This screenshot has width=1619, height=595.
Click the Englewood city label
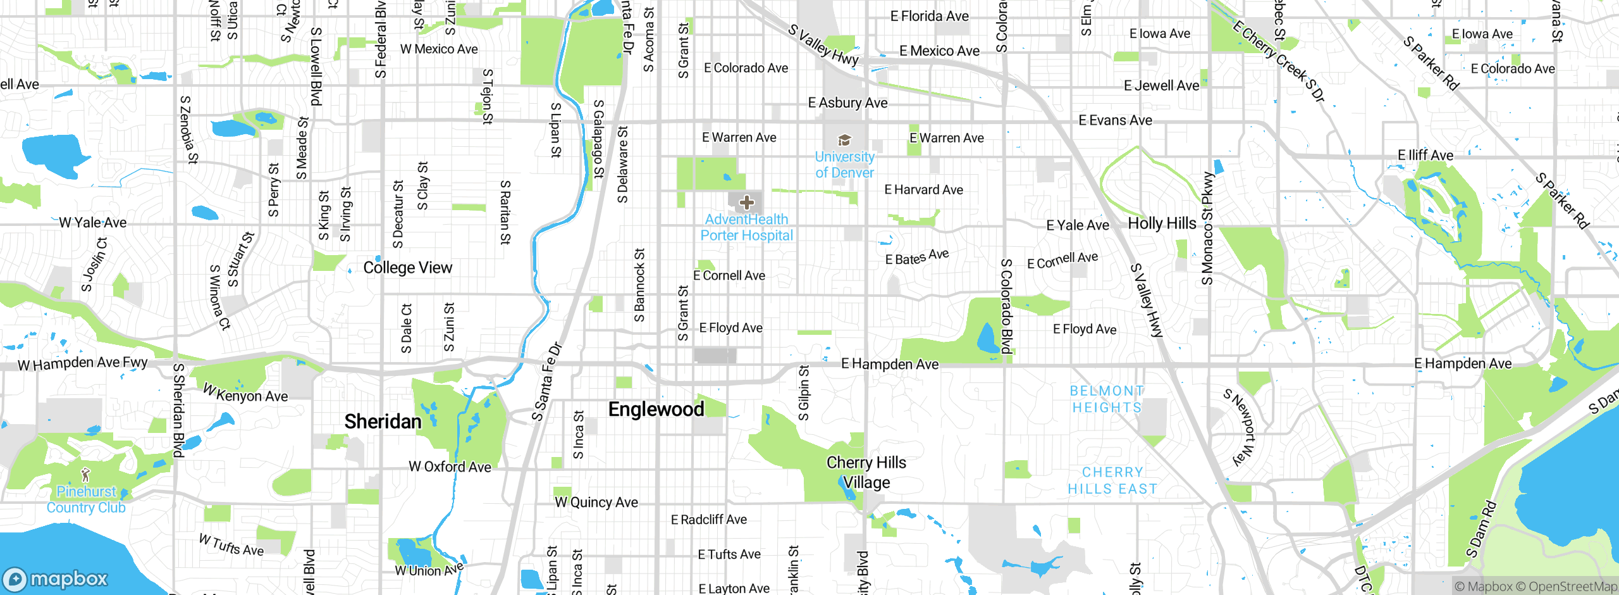click(x=656, y=410)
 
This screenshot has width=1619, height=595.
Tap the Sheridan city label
click(x=383, y=422)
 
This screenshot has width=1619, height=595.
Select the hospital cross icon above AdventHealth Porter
click(x=747, y=203)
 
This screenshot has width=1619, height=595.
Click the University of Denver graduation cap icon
click(x=844, y=140)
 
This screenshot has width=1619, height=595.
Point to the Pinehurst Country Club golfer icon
click(x=86, y=475)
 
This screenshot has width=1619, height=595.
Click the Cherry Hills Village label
click(x=866, y=472)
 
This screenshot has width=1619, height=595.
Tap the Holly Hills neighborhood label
click(x=1162, y=223)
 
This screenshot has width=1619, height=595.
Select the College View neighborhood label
click(x=407, y=268)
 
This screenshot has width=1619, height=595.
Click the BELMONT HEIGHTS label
click(x=1107, y=399)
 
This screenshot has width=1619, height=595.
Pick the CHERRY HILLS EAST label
click(x=1112, y=480)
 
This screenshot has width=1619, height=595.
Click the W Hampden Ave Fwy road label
click(x=82, y=364)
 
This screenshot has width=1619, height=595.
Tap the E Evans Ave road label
click(x=1115, y=120)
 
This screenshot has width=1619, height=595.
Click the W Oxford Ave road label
click(x=450, y=467)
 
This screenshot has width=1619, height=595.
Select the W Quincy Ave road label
click(x=596, y=503)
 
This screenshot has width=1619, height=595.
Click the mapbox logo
click(x=56, y=579)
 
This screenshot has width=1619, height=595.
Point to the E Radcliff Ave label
click(x=708, y=520)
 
